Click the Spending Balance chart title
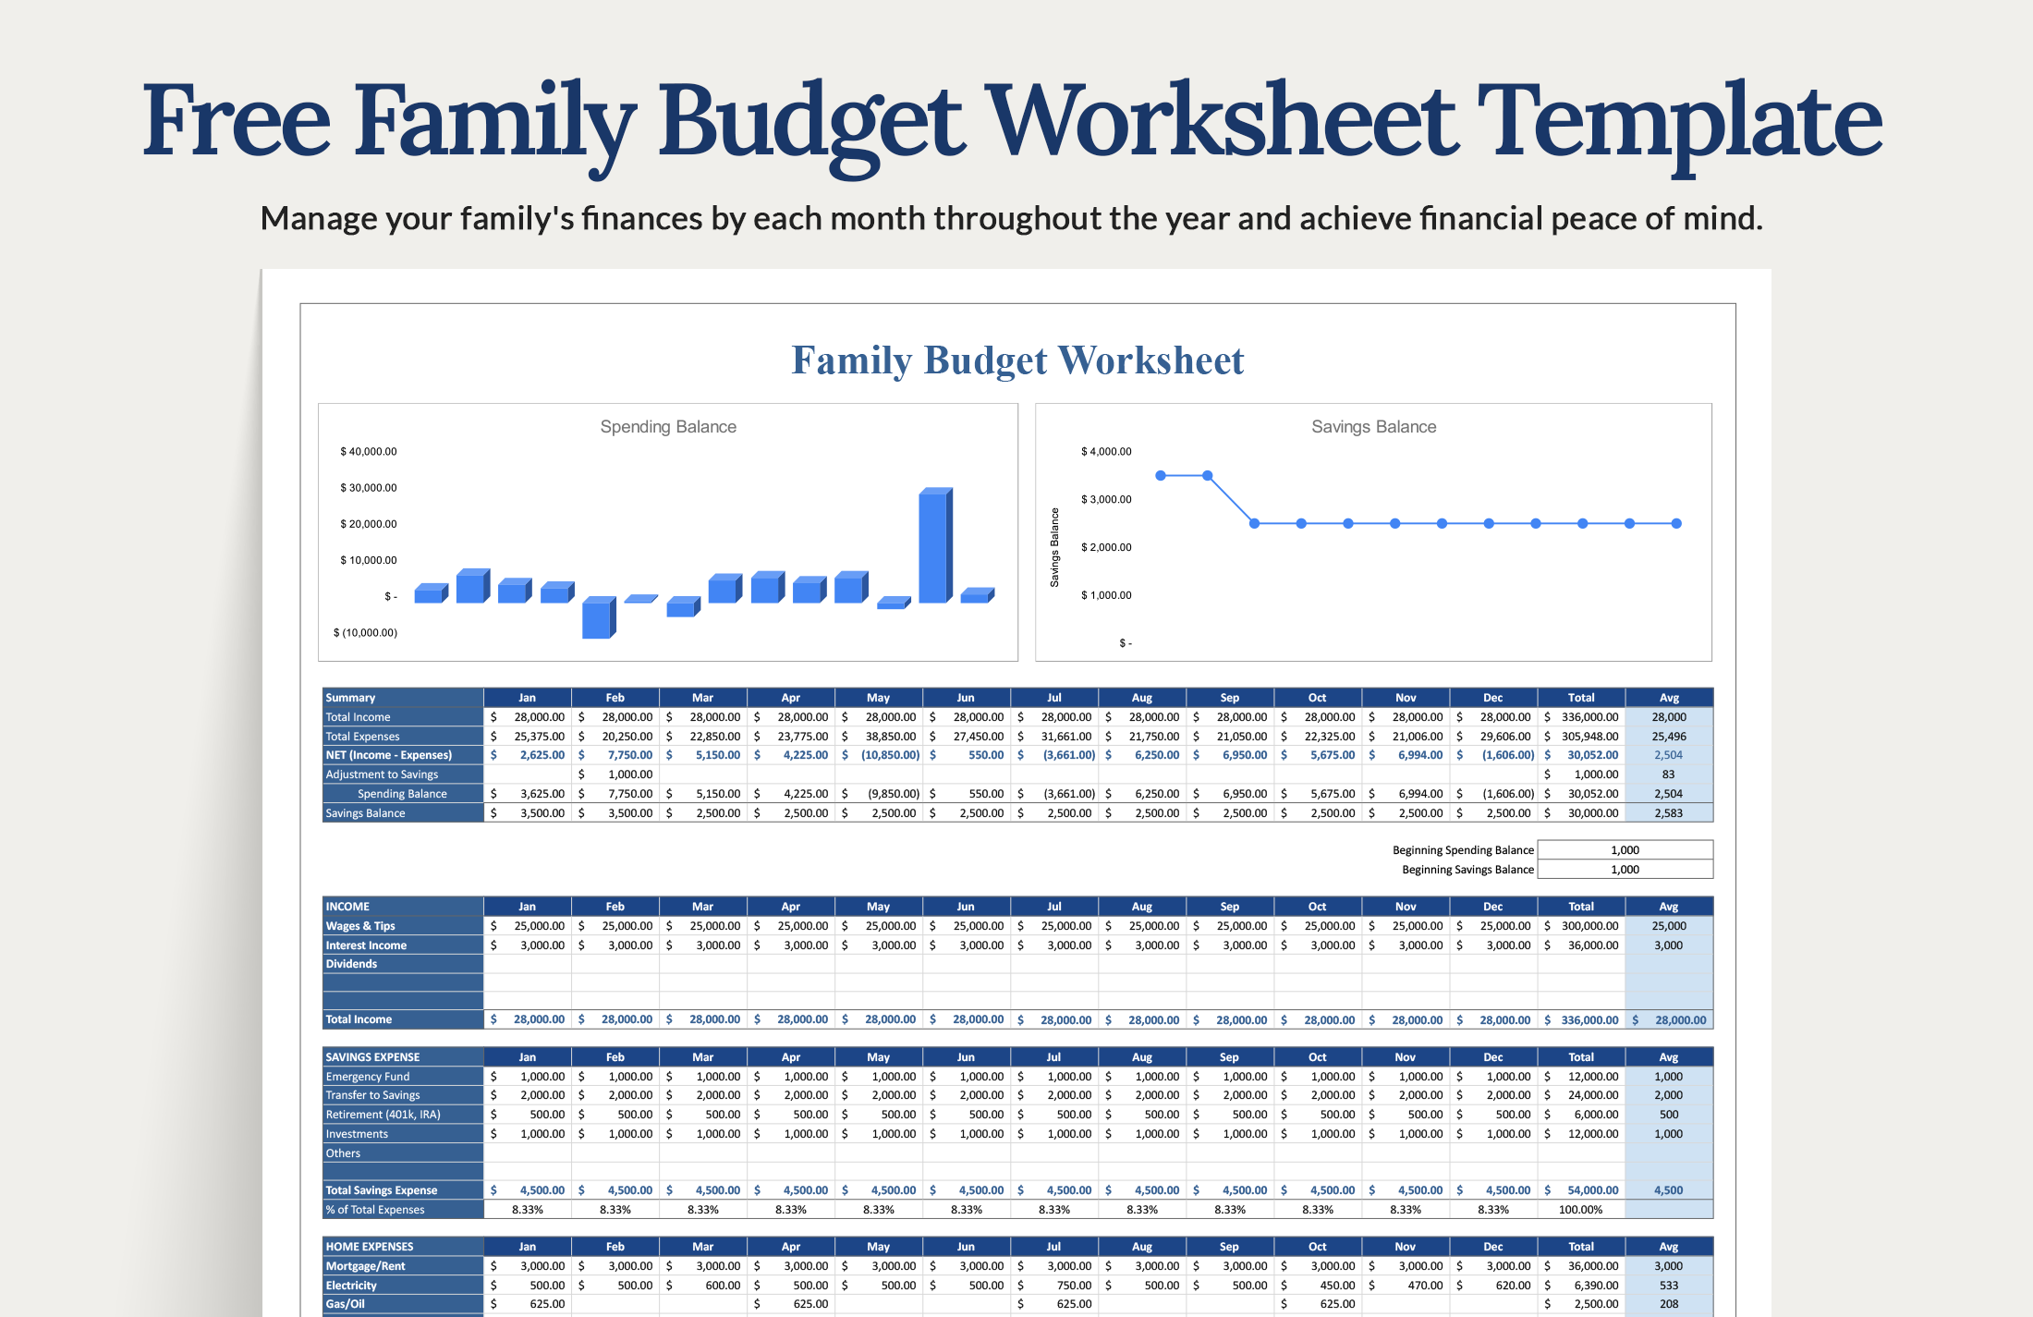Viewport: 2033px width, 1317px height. coord(668,427)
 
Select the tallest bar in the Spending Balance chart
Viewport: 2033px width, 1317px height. coord(933,546)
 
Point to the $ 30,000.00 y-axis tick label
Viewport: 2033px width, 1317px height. coord(368,488)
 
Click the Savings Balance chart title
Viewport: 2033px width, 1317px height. coord(1373,427)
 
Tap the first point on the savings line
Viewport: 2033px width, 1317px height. coord(1161,475)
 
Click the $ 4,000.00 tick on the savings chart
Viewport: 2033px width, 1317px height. coord(1106,452)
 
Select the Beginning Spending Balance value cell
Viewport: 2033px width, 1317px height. coord(1625,850)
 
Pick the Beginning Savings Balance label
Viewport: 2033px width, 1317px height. coord(1467,870)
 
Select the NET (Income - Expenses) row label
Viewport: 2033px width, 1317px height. coord(389,755)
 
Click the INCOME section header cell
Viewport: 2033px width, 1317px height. coord(402,907)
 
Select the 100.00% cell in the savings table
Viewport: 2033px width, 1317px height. coord(1580,1210)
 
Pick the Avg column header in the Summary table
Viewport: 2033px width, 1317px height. coord(1669,698)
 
